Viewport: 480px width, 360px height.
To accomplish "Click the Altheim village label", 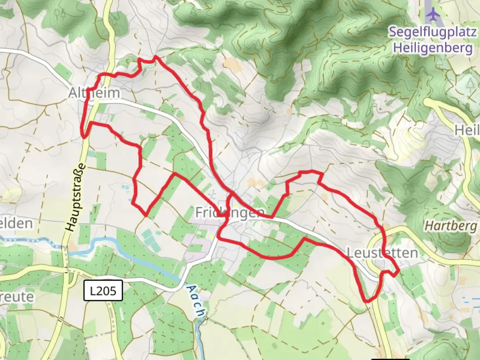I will tap(94, 93).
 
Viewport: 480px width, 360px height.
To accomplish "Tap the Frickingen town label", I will tap(230, 212).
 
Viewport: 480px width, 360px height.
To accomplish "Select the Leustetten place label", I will tap(382, 253).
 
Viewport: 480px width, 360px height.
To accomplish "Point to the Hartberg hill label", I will tap(451, 226).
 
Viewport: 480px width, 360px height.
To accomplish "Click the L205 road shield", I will tap(103, 291).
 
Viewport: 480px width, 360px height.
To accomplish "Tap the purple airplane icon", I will tap(433, 14).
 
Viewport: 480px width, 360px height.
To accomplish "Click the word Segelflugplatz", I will tap(433, 32).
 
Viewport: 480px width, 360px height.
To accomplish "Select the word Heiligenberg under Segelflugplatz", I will tap(433, 48).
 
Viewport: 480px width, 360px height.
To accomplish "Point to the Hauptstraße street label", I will tap(76, 198).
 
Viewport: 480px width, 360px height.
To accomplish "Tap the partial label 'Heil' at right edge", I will tap(468, 130).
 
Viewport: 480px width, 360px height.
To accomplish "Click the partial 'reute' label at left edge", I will tap(17, 297).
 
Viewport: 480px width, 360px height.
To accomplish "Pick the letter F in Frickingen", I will tap(199, 212).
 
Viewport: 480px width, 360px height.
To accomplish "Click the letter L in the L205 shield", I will tap(93, 291).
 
